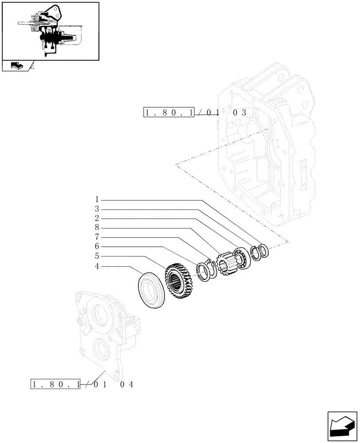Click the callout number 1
[96, 199]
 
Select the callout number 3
[96, 209]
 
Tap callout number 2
[96, 218]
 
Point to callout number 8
[96, 228]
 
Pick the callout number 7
[96, 237]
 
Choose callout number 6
[96, 246]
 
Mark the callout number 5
[96, 256]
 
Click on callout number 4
[96, 266]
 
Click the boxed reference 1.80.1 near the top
[169, 113]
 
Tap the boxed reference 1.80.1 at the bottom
[55, 384]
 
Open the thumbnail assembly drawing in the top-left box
[50, 31]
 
